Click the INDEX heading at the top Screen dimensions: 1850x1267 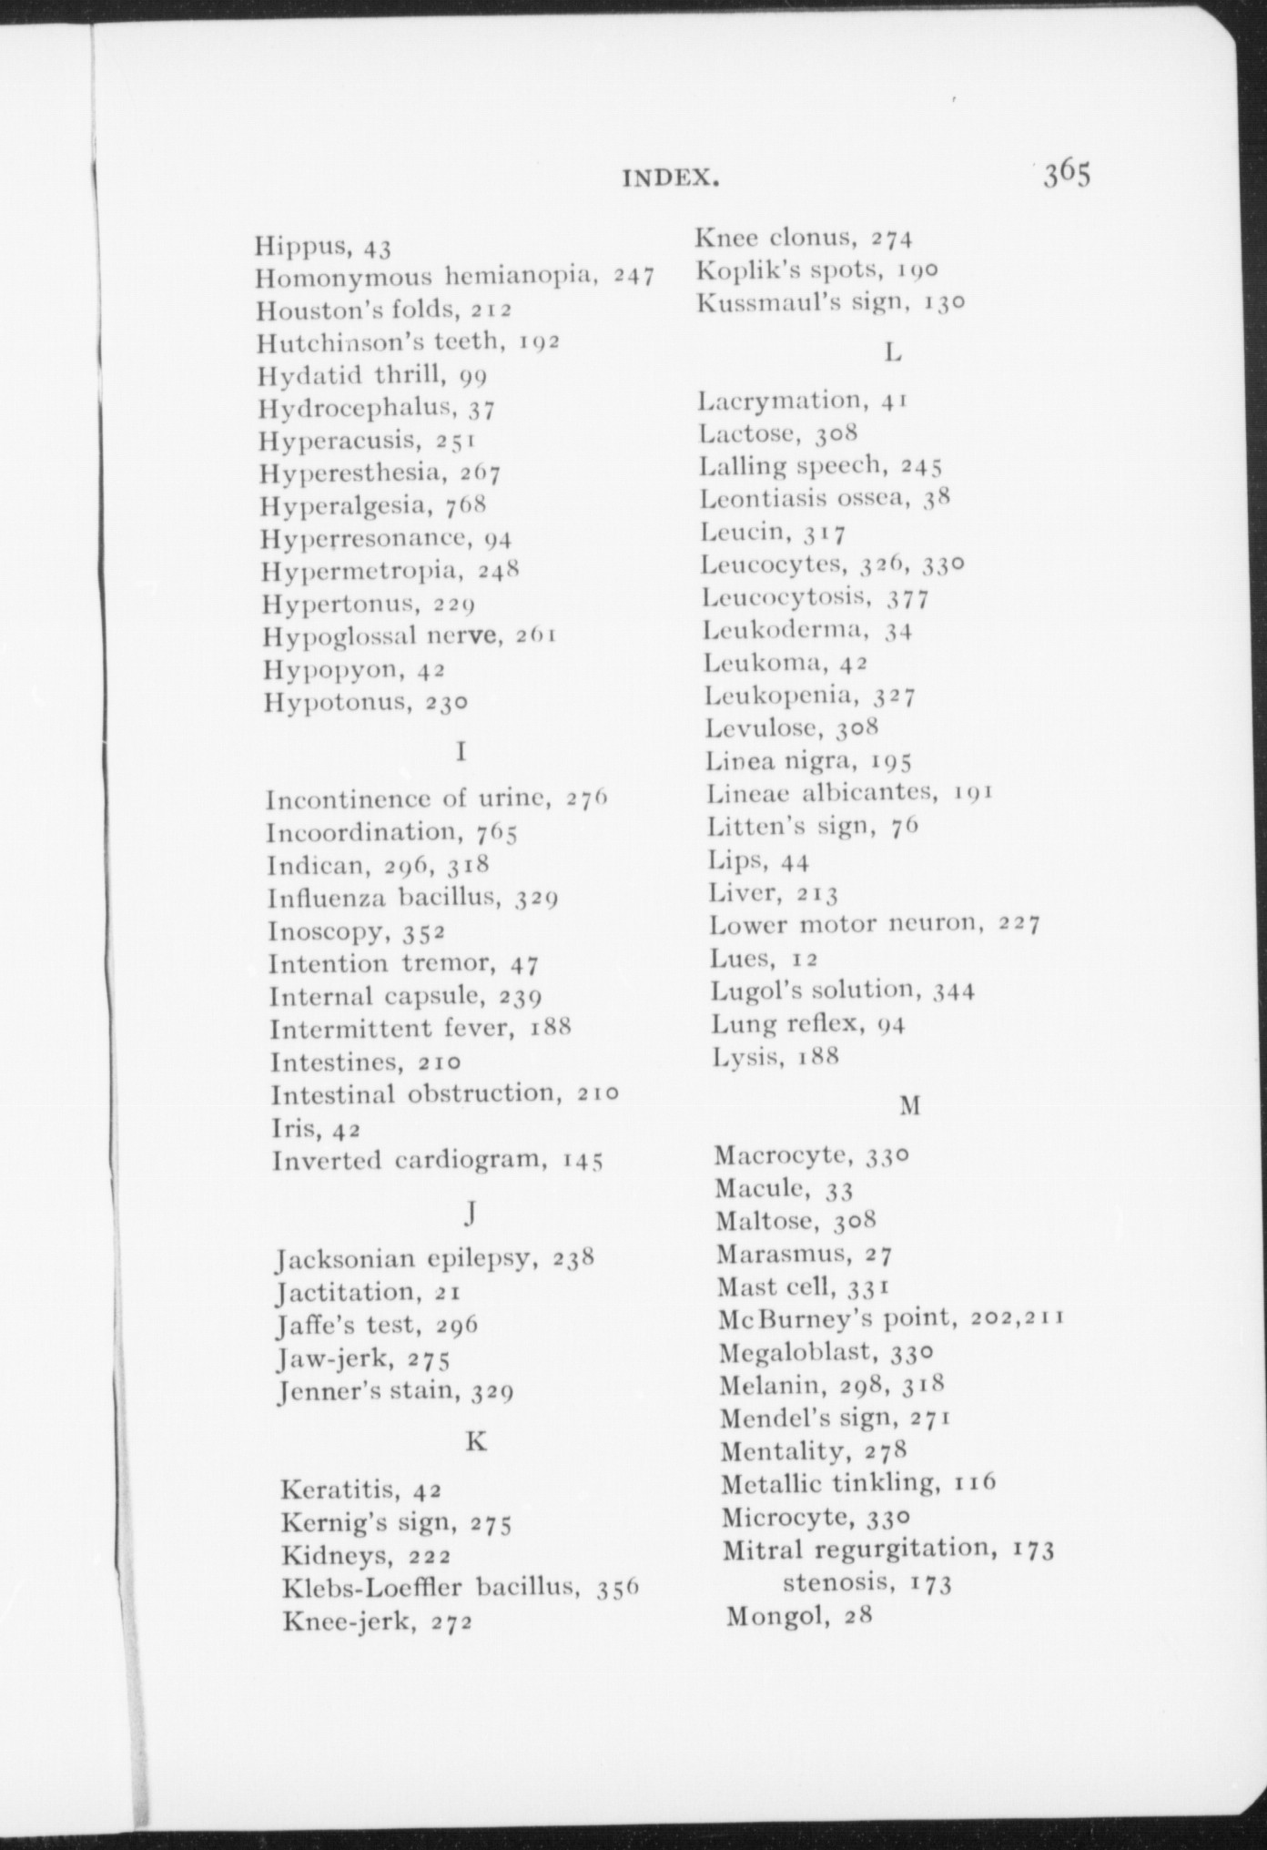(671, 178)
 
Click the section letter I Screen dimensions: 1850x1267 (461, 752)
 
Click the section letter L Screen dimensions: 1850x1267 (893, 352)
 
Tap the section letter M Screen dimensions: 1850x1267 (910, 1106)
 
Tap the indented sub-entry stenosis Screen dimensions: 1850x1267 (836, 1582)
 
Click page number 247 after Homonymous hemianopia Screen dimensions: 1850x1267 (633, 277)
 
